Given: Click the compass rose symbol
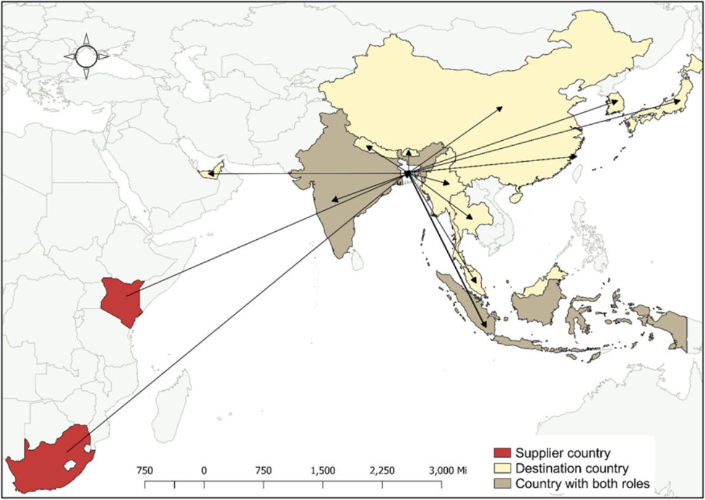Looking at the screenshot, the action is [x=86, y=57].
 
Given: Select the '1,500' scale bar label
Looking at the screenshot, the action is [x=323, y=471].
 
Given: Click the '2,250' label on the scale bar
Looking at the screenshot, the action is [x=382, y=471].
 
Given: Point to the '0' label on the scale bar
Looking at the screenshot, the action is [x=204, y=471].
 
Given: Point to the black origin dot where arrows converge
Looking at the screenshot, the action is [x=407, y=174].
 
